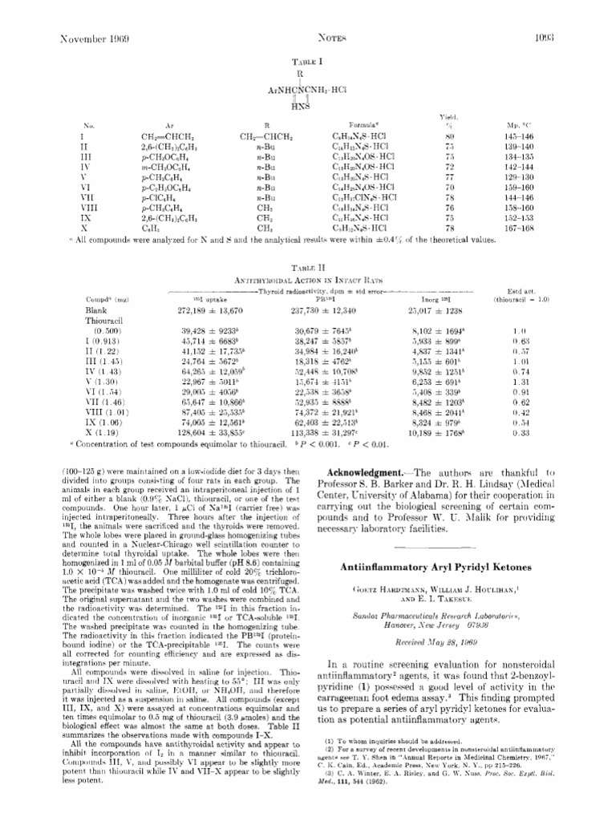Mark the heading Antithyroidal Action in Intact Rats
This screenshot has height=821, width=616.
coord(304,281)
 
